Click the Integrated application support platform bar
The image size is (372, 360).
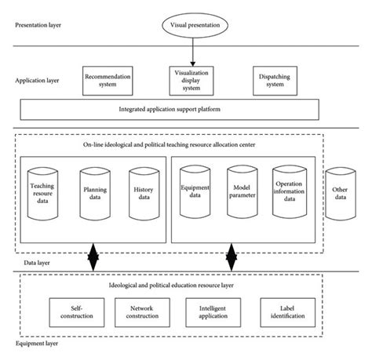pyautogui.click(x=170, y=108)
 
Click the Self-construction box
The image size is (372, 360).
pyautogui.click(x=71, y=311)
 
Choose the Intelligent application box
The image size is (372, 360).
pyautogui.click(x=210, y=311)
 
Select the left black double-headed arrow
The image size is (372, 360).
pyautogui.click(x=93, y=256)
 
